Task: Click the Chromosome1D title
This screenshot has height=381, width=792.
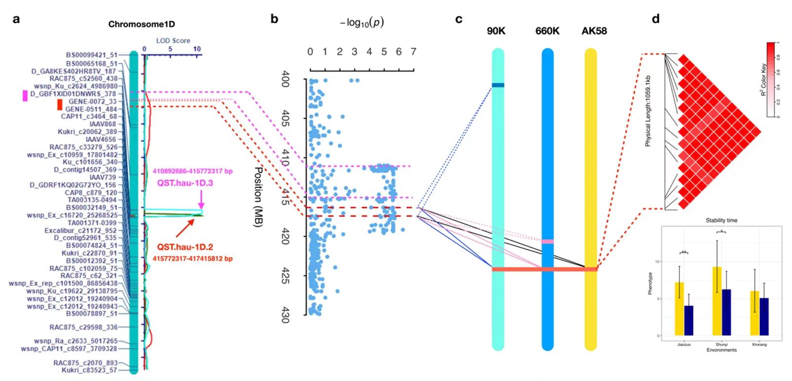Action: pyautogui.click(x=141, y=24)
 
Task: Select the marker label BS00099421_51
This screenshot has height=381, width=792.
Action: pyautogui.click(x=92, y=55)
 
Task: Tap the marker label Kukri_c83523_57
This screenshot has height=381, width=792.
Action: pyautogui.click(x=89, y=370)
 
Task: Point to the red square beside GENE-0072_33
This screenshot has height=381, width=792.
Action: pyautogui.click(x=60, y=104)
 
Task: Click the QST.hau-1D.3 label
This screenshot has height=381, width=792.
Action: pyautogui.click(x=185, y=183)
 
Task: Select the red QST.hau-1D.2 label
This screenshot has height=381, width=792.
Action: pyautogui.click(x=185, y=247)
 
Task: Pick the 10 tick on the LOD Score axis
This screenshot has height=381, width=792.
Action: pyautogui.click(x=197, y=49)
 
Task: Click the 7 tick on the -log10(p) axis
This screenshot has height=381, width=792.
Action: pyautogui.click(x=414, y=52)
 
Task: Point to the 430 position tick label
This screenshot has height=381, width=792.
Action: pyautogui.click(x=285, y=314)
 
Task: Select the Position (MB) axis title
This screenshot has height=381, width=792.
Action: pyautogui.click(x=258, y=197)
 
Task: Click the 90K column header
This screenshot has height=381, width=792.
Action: pyautogui.click(x=496, y=31)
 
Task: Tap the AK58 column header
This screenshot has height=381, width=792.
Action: pyautogui.click(x=594, y=31)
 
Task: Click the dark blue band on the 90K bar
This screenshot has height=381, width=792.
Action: pyautogui.click(x=498, y=85)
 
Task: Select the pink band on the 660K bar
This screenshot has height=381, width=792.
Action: pyautogui.click(x=547, y=242)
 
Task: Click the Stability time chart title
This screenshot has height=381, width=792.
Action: pyautogui.click(x=722, y=220)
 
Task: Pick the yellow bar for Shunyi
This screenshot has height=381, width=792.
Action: pyautogui.click(x=717, y=301)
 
